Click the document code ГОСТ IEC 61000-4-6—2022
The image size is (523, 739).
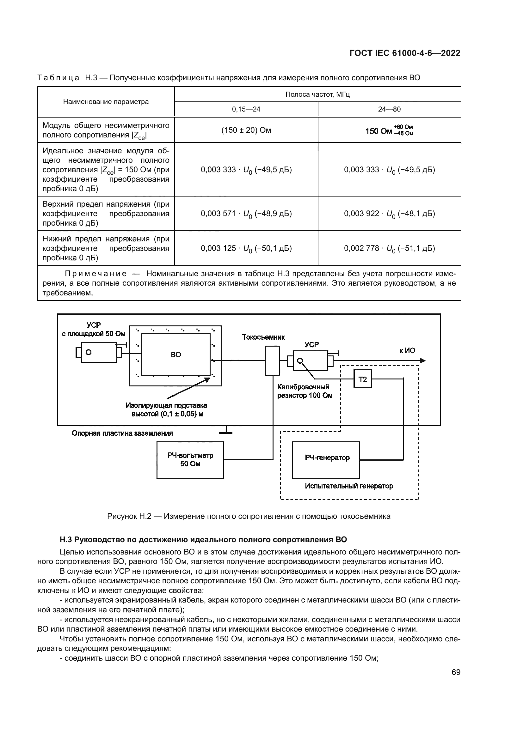(x=405, y=53)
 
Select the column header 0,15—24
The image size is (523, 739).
(x=246, y=109)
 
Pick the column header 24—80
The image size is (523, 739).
(x=389, y=109)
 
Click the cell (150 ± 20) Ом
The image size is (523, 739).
(x=246, y=130)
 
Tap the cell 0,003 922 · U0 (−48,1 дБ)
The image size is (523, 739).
(x=389, y=214)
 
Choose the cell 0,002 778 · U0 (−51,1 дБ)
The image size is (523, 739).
(x=389, y=248)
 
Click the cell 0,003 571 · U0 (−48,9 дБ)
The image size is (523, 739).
(x=246, y=214)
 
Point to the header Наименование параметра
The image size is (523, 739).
(x=106, y=102)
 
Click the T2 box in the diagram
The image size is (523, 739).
(x=362, y=379)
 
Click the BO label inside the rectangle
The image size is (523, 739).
(x=176, y=355)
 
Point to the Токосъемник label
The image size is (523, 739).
(x=263, y=337)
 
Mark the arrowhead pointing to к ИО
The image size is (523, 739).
(x=422, y=360)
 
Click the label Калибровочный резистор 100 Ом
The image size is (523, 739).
(x=304, y=391)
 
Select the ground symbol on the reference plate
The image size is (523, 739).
(x=225, y=431)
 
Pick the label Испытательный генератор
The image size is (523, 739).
(x=349, y=486)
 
